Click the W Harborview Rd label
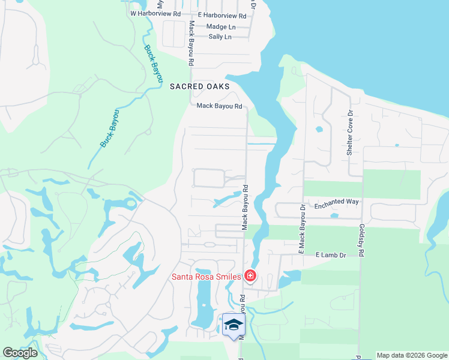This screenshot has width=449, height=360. click(x=155, y=13)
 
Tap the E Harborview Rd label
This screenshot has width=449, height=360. click(x=221, y=16)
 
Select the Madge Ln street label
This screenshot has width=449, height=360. click(x=220, y=27)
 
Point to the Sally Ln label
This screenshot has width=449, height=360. click(x=220, y=37)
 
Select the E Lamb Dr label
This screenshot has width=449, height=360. click(x=331, y=255)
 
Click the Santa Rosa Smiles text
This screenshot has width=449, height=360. click(x=206, y=277)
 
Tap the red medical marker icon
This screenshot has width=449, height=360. click(x=250, y=277)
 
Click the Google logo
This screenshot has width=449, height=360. click(x=20, y=352)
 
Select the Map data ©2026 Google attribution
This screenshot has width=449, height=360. click(x=411, y=355)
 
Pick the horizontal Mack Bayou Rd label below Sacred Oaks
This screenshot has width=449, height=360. click(x=219, y=107)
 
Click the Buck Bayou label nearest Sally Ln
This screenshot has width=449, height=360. click(x=153, y=62)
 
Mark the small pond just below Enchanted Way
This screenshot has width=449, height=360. click(x=334, y=215)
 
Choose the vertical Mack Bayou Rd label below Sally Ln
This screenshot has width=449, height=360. click(x=191, y=44)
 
